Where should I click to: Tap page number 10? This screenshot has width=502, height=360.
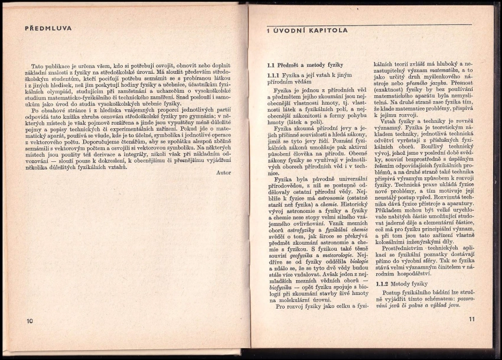30,321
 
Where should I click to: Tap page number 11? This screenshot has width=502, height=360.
472,319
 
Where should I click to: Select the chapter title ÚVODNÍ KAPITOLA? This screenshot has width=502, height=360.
309,30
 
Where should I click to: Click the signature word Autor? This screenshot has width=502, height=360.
223,173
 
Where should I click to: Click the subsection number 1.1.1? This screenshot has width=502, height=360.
273,75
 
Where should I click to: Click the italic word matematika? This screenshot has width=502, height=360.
447,69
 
